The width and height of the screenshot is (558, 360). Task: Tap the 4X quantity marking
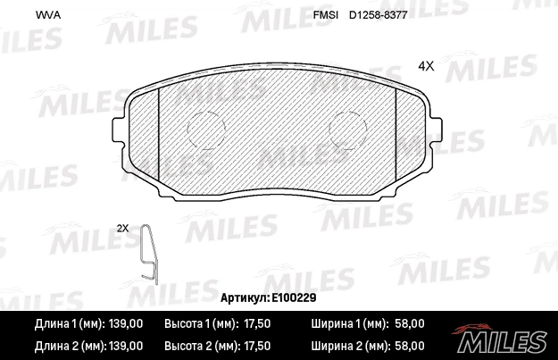point(425,65)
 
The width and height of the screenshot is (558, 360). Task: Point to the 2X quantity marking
point(123,228)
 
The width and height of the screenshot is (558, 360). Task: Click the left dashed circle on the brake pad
point(205,130)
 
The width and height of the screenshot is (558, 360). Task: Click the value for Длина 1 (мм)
point(125,323)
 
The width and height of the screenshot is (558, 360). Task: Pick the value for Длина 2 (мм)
point(125,345)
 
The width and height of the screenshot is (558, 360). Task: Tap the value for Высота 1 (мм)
point(255,323)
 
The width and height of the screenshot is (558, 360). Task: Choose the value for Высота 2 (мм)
point(255,345)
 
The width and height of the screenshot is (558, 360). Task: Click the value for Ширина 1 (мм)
point(409,323)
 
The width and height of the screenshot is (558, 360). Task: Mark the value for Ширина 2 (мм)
point(409,345)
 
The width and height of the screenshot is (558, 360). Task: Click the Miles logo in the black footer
point(502,338)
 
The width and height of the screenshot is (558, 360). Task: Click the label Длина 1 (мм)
point(68,323)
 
